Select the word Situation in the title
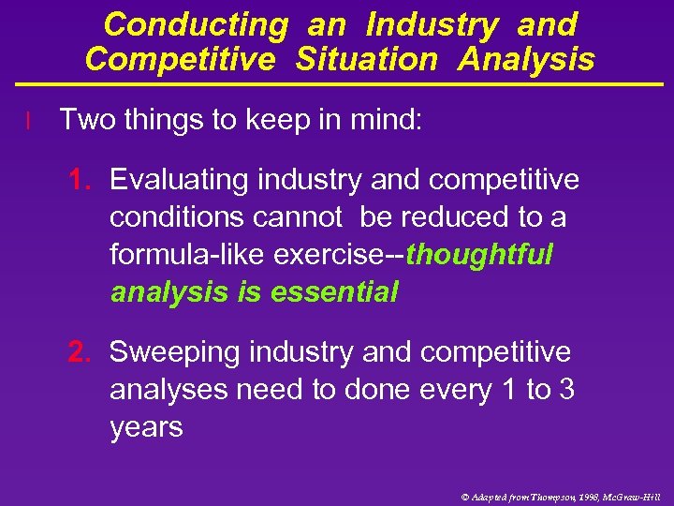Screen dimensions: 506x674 pyautogui.click(x=366, y=60)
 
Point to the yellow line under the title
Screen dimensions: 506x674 pyautogui.click(x=337, y=84)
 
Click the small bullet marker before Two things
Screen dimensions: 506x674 pyautogui.click(x=30, y=120)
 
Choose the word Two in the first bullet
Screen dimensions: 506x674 pyautogui.click(x=84, y=119)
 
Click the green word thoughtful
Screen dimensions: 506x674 pyautogui.click(x=480, y=255)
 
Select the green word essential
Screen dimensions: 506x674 pyautogui.click(x=334, y=292)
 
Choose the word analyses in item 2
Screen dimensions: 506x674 pyautogui.click(x=168, y=390)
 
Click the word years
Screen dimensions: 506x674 pyautogui.click(x=146, y=428)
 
